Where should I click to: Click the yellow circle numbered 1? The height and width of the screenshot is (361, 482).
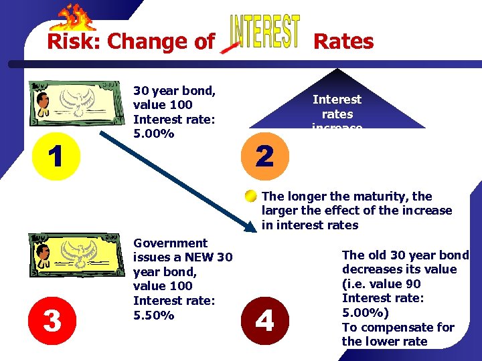point(56,156)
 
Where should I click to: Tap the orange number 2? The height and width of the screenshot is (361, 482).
point(265,156)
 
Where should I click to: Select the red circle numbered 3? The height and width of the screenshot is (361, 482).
point(52,320)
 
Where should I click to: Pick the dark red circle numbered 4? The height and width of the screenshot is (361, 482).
point(265,321)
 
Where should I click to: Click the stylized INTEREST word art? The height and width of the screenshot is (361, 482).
point(264,31)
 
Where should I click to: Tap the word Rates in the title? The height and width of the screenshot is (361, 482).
point(343,41)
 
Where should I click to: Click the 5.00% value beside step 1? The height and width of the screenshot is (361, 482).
point(154,134)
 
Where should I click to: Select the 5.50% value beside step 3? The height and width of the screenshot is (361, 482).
point(154,315)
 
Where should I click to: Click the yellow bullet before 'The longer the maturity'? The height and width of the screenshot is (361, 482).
point(250,197)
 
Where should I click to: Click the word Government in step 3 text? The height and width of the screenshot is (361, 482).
point(171,243)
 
